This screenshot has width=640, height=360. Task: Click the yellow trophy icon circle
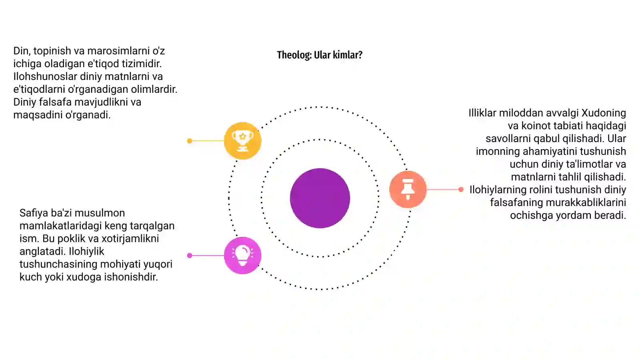click(242, 140)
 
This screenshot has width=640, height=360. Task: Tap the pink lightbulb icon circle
click(242, 256)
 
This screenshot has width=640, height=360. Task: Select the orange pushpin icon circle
click(408, 189)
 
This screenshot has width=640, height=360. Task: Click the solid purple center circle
click(320, 198)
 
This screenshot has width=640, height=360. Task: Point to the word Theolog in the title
click(294, 55)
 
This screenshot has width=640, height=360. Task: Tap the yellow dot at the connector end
click(190, 141)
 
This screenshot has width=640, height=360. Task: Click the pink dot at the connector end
click(190, 256)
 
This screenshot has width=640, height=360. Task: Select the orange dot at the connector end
click(461, 190)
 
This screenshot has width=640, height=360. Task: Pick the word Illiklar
click(482, 113)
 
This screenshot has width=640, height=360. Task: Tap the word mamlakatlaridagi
click(56, 226)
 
